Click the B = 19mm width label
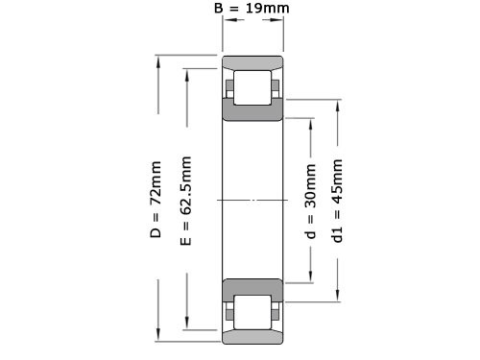click(x=252, y=10)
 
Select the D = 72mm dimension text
click(x=156, y=201)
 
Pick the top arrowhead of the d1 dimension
click(x=337, y=102)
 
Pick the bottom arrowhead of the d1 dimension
click(x=337, y=297)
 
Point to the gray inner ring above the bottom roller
click(x=252, y=287)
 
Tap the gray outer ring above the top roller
click(x=252, y=63)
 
